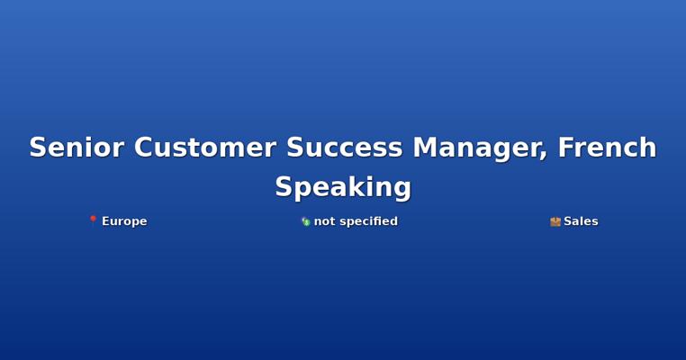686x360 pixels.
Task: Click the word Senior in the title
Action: point(77,147)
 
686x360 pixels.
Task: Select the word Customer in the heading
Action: point(204,147)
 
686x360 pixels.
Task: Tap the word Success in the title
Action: point(344,147)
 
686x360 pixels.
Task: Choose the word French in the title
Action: point(608,147)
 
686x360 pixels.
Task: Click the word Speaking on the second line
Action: point(343,188)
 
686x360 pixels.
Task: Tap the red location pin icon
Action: point(93,220)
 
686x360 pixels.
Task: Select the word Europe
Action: point(124,221)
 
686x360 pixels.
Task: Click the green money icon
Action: point(306,221)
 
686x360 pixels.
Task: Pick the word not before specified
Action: point(325,221)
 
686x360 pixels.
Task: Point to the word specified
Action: point(369,221)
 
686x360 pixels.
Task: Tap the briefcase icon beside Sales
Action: point(555,221)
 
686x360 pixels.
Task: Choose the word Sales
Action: point(581,221)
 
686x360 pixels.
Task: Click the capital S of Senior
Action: point(39,147)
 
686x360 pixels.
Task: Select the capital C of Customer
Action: point(143,147)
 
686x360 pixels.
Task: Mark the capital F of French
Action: point(566,147)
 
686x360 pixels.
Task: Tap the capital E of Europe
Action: point(105,220)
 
